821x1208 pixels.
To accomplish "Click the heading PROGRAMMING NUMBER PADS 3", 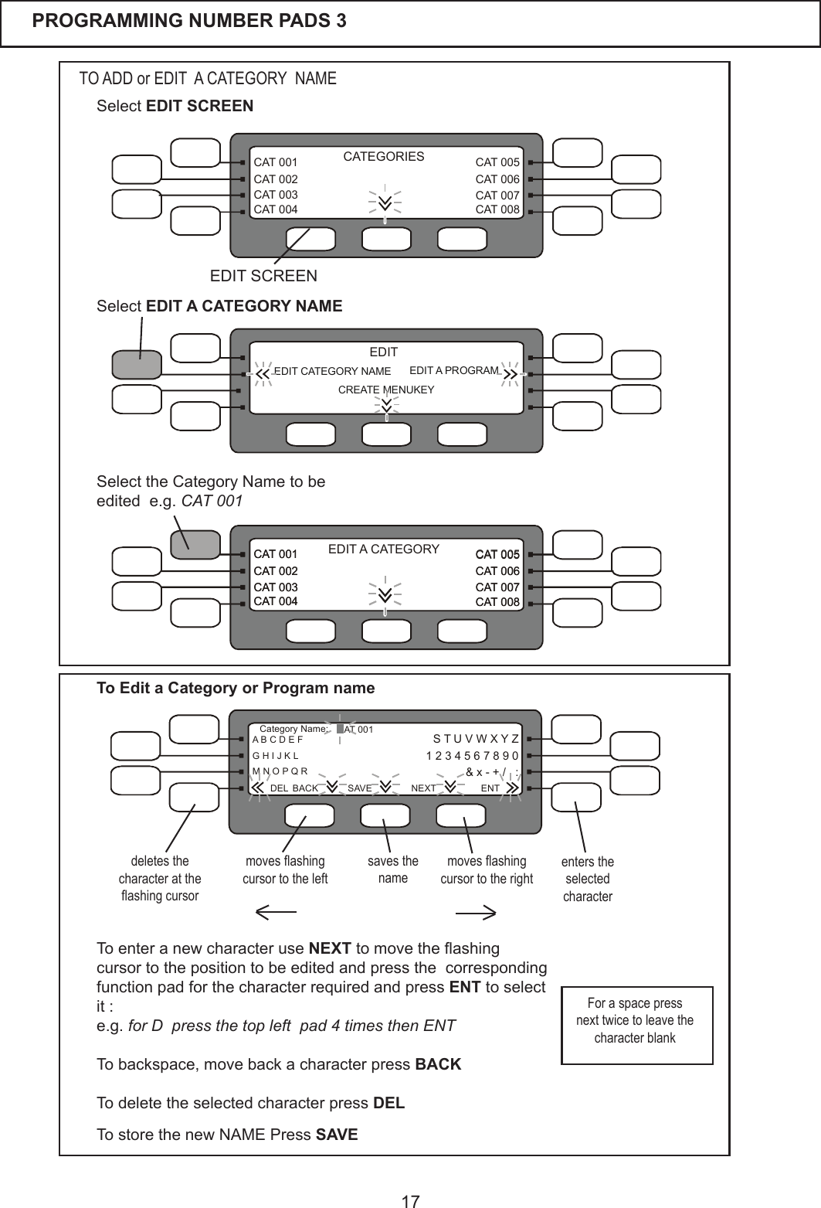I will (189, 21).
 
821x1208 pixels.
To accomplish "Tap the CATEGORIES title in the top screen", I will (384, 157).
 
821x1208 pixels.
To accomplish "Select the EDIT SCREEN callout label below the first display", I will (263, 276).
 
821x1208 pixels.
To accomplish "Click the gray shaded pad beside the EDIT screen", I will (137, 364).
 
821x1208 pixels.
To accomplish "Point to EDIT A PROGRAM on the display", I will (454, 371).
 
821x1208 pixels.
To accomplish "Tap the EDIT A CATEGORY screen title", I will (384, 550).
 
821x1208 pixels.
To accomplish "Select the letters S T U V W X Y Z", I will (476, 739).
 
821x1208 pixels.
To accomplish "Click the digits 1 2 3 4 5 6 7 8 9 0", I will (472, 755).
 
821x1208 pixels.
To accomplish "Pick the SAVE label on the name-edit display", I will (360, 788).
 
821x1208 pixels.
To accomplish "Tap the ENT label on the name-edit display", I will (490, 788).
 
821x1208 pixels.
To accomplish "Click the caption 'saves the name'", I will (393, 869).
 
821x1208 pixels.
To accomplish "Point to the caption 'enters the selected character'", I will (588, 880).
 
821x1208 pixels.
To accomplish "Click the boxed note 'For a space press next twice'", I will (635, 1021).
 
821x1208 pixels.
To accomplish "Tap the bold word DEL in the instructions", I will (388, 1103).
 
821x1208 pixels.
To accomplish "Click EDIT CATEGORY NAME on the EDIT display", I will (333, 372).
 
